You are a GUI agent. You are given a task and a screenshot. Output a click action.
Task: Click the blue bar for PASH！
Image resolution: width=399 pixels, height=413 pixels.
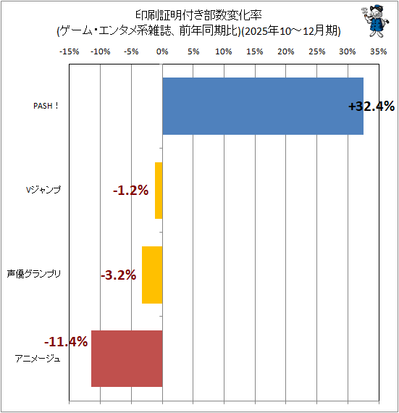point(263,106)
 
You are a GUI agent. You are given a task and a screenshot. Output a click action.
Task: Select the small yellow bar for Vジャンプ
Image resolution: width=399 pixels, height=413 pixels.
point(159,191)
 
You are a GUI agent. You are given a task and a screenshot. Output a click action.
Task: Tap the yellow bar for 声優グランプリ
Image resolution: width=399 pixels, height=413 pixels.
point(152,275)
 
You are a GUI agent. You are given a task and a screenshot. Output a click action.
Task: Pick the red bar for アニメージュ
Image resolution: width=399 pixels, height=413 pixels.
point(127,359)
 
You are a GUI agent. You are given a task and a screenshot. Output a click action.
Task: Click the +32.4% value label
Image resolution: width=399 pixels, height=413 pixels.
point(371,107)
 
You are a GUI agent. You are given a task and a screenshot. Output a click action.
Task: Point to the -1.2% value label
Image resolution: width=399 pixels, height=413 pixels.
point(131,190)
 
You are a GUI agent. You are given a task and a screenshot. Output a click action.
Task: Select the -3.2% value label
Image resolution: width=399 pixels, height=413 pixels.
point(119,275)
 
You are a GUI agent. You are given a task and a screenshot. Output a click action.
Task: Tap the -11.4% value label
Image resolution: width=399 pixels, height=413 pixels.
point(66,342)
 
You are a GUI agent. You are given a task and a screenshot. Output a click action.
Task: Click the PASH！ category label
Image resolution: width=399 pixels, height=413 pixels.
point(46,106)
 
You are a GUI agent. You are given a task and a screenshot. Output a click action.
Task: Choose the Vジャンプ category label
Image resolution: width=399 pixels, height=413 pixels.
point(43,190)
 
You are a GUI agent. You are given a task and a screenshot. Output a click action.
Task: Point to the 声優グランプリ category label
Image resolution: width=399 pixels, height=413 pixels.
point(34,274)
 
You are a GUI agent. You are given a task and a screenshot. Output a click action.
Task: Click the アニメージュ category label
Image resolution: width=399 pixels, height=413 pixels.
point(38,359)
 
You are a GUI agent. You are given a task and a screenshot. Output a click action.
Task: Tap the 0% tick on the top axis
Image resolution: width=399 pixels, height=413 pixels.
point(162,51)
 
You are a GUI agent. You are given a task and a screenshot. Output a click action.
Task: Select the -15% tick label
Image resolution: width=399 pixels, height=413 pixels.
point(70,51)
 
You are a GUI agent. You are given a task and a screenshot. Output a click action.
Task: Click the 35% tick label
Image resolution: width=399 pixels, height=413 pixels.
point(379,51)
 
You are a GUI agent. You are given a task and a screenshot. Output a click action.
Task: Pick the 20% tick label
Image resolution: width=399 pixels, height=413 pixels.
point(285,51)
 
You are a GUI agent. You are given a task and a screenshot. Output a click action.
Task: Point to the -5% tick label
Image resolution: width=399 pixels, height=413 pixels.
point(131,51)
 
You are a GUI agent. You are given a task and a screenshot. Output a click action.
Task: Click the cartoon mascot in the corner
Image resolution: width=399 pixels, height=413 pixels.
point(376,21)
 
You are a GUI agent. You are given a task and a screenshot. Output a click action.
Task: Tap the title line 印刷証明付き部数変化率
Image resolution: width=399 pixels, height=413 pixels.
point(198,15)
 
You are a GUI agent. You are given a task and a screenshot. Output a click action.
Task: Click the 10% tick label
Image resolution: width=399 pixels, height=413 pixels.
point(224,51)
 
